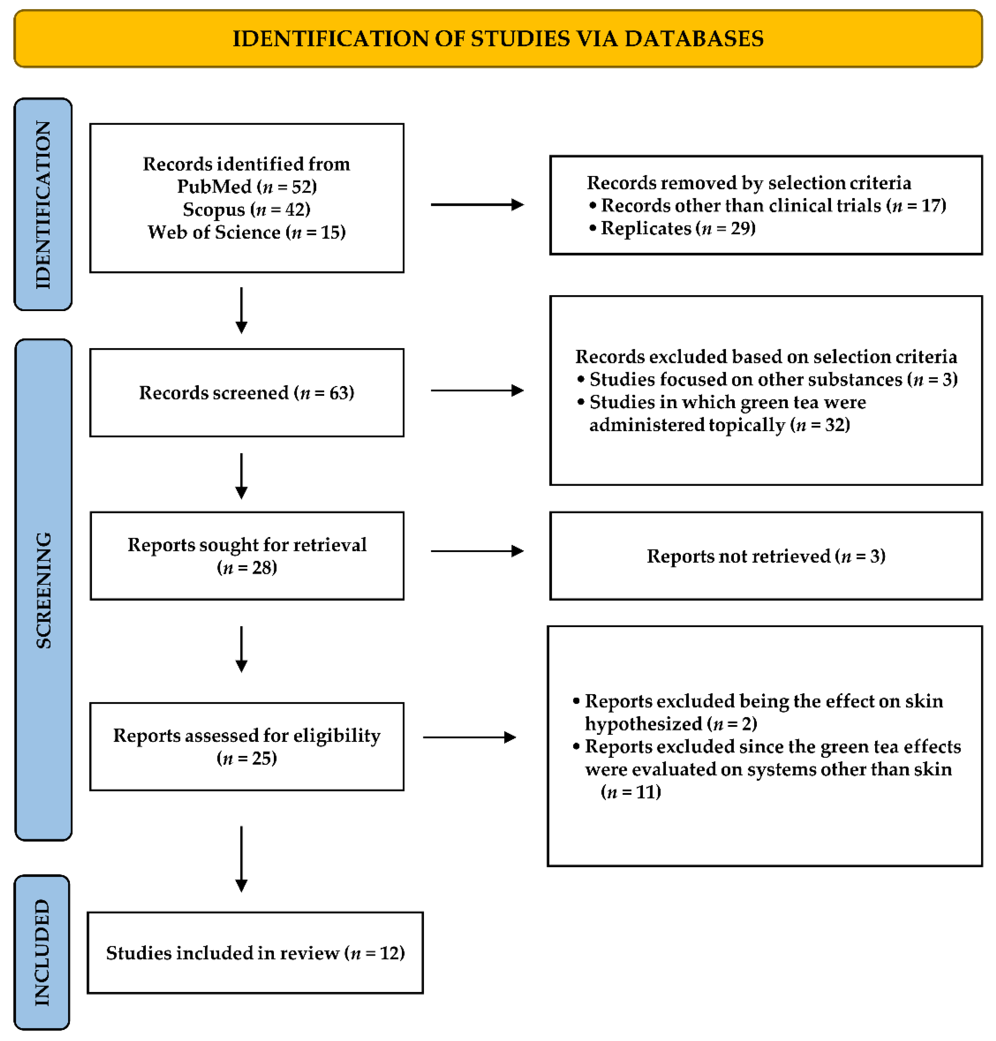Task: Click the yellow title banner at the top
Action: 498,39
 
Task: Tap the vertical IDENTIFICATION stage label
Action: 43,204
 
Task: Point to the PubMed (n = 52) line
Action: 247,187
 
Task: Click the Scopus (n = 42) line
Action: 247,209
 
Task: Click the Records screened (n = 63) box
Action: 247,393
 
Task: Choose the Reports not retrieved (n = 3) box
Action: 766,556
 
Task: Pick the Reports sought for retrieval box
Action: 247,556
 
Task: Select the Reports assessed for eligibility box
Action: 247,746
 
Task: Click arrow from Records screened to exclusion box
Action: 477,391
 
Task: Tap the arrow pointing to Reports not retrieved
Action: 477,551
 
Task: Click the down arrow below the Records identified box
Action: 242,310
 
